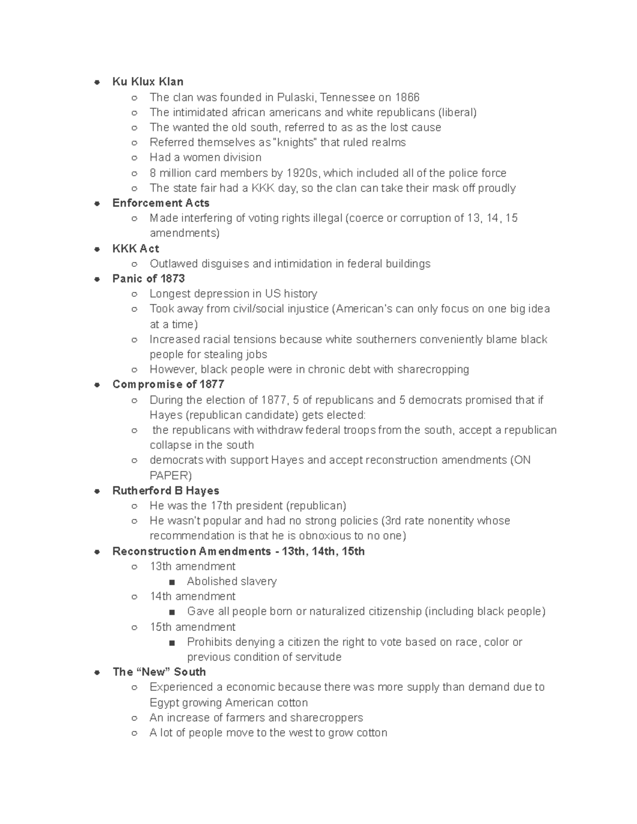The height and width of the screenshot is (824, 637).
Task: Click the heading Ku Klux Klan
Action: point(148,82)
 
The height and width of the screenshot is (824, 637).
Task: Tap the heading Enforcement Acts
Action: point(161,203)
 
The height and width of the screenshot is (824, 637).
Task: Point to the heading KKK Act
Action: point(135,248)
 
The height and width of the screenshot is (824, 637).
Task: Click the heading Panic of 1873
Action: point(149,279)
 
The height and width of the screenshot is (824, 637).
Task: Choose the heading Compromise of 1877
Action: point(168,384)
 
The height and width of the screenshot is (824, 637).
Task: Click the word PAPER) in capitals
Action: point(170,475)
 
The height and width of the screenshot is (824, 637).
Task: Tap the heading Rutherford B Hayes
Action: point(166,491)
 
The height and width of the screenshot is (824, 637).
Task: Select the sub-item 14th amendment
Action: point(192,596)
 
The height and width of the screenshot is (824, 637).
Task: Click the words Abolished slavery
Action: point(231,582)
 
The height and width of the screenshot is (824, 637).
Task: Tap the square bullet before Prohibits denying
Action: point(171,643)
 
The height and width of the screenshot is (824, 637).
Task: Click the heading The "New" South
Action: point(159,672)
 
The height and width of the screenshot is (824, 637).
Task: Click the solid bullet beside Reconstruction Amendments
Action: point(97,552)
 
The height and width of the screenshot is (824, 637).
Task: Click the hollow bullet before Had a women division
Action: point(135,158)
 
